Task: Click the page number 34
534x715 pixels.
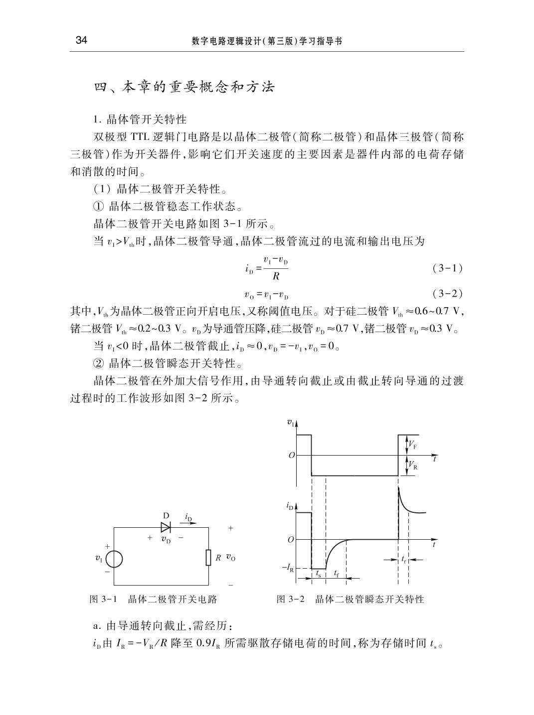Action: click(x=81, y=41)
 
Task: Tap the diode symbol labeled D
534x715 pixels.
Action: click(x=166, y=527)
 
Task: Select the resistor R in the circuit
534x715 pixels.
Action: click(x=209, y=558)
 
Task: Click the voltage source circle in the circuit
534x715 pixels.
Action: click(x=114, y=559)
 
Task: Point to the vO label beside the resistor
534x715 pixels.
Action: click(x=230, y=558)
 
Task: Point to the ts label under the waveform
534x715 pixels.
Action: click(x=318, y=573)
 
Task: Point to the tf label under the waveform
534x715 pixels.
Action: click(x=337, y=573)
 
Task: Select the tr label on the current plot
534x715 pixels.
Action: click(x=404, y=559)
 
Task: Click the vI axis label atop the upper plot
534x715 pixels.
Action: click(x=290, y=423)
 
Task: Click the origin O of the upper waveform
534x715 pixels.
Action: click(x=291, y=455)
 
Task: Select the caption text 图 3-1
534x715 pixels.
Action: click(x=103, y=599)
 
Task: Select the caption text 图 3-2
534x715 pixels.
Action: click(x=290, y=599)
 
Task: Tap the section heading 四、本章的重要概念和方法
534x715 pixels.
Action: click(x=184, y=88)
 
